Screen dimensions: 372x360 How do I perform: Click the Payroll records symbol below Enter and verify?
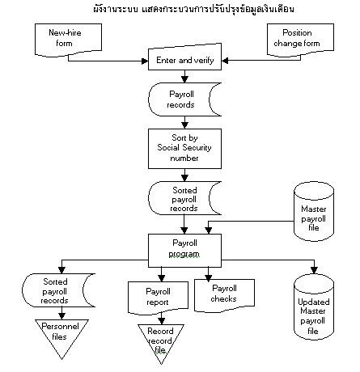[183, 99]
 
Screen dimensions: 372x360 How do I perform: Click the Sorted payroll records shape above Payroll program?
[183, 197]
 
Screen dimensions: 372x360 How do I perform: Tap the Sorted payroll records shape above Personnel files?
[54, 290]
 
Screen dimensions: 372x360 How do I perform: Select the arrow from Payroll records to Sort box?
[185, 122]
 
